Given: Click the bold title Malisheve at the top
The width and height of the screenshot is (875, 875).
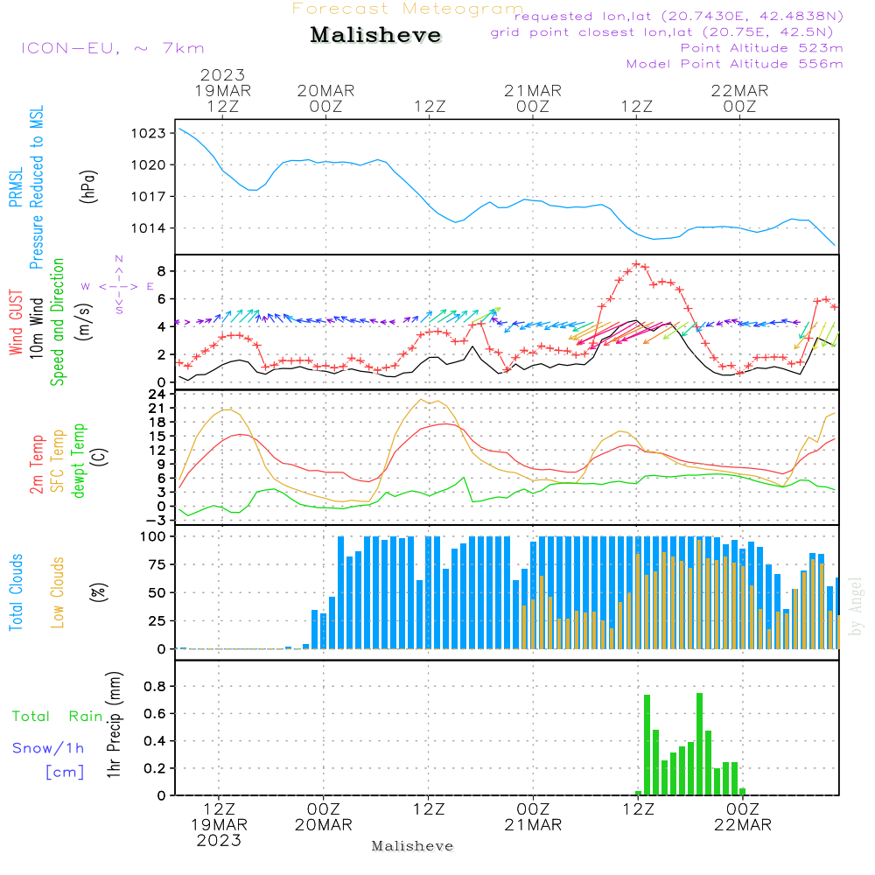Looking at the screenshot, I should coord(375,36).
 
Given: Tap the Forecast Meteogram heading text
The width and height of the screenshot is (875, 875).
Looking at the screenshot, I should coord(408,9).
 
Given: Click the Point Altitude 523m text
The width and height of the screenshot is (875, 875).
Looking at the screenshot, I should coord(761,48).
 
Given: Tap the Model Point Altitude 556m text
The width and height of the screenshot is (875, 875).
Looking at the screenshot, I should coord(734,64).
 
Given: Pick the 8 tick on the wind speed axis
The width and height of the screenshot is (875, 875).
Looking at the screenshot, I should coord(162,270).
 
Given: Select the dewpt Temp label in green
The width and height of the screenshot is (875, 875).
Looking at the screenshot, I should coord(80,461).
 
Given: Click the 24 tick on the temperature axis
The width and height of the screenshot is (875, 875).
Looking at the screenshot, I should coord(158,394).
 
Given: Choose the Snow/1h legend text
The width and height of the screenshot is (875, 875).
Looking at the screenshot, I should coord(49,748).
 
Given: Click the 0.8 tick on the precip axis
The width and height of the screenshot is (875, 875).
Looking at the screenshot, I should coord(155,686).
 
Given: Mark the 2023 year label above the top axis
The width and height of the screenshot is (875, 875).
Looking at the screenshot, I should coord(222,74).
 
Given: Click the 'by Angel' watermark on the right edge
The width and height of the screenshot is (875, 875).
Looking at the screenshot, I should coord(857,605).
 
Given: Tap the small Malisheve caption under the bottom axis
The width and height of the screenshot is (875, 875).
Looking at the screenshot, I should coord(412,846).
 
